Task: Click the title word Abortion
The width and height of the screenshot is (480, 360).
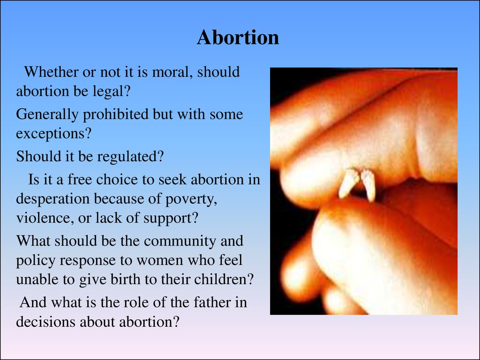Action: click(238, 37)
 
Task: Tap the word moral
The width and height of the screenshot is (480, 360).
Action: click(172, 72)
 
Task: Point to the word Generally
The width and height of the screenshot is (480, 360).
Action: click(47, 115)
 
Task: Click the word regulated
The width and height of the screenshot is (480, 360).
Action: click(130, 157)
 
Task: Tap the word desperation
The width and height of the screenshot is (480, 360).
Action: click(52, 199)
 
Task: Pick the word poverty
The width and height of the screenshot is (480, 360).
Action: click(191, 199)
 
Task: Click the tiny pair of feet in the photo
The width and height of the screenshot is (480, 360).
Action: click(357, 184)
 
